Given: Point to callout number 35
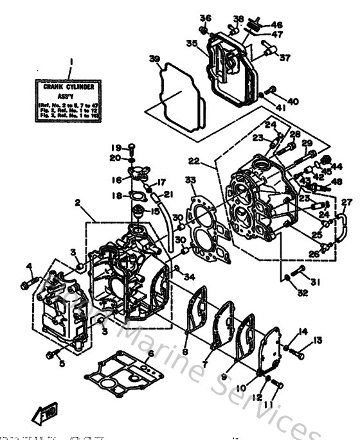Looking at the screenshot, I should coord(192,43).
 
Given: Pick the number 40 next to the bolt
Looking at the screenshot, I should coord(292,101).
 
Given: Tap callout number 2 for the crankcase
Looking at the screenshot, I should coord(77,203).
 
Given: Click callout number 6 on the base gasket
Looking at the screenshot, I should coord(150,353).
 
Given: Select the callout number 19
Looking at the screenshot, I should coord(118,146).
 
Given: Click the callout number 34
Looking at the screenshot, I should coord(189,277).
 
